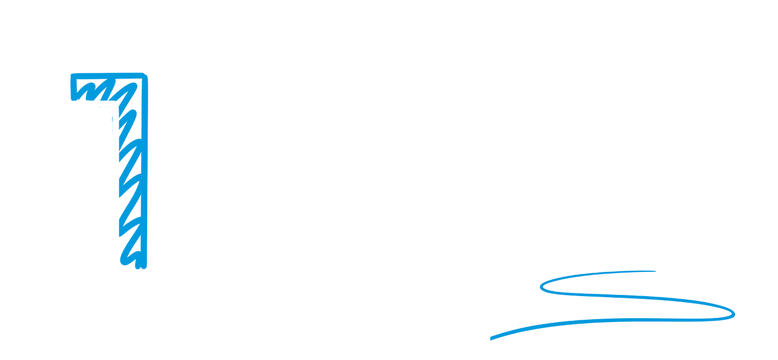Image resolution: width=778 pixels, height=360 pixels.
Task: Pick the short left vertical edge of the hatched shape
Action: pos(73,88)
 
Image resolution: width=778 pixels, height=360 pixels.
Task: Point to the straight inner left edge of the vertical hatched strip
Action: pos(120,184)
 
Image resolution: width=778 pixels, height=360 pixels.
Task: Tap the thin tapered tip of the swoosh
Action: pos(655,271)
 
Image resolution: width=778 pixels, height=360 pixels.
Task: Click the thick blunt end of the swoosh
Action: pos(491,338)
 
